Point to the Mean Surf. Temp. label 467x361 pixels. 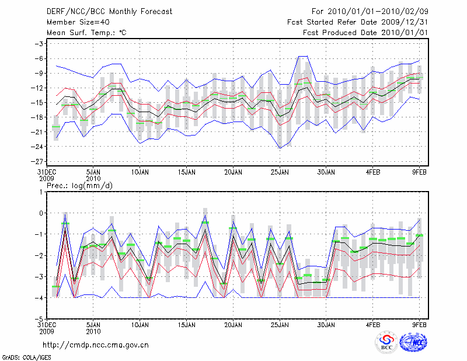coord(86,33)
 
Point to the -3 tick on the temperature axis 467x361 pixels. coord(39,44)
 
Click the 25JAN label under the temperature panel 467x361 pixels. coord(280,173)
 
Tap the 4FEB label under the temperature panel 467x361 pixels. coord(373,173)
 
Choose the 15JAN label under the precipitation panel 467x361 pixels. coord(186,323)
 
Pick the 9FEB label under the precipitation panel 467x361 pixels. coord(420,323)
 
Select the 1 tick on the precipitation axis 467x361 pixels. coord(40,192)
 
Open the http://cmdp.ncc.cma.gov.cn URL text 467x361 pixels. coord(96,345)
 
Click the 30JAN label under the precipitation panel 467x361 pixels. coord(326,323)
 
